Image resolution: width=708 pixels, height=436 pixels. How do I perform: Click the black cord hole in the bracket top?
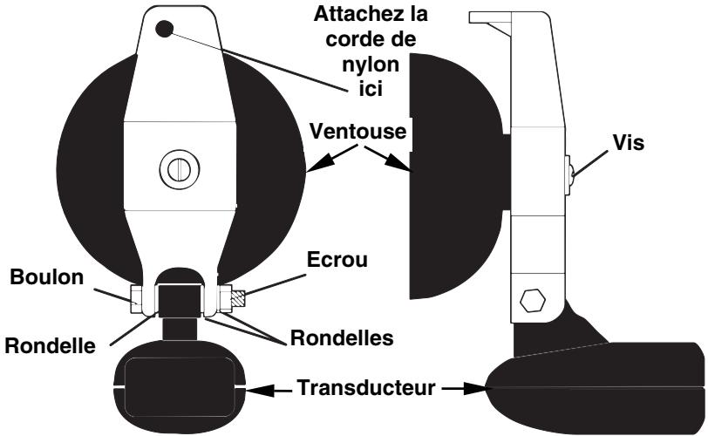tap(163, 29)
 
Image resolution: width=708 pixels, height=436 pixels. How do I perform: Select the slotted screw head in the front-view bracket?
tap(177, 167)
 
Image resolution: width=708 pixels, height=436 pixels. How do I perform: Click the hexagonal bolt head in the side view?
tap(533, 302)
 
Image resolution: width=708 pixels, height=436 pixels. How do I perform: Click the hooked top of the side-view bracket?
tap(497, 22)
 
